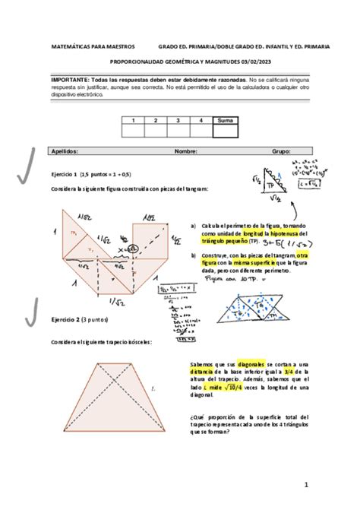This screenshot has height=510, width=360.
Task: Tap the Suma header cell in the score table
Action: click(225, 120)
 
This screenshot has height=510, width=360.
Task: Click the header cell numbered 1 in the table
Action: click(133, 120)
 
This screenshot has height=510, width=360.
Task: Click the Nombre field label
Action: click(185, 150)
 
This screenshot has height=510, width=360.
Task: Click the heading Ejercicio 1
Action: click(65, 174)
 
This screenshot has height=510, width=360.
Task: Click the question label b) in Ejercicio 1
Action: click(194, 255)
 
